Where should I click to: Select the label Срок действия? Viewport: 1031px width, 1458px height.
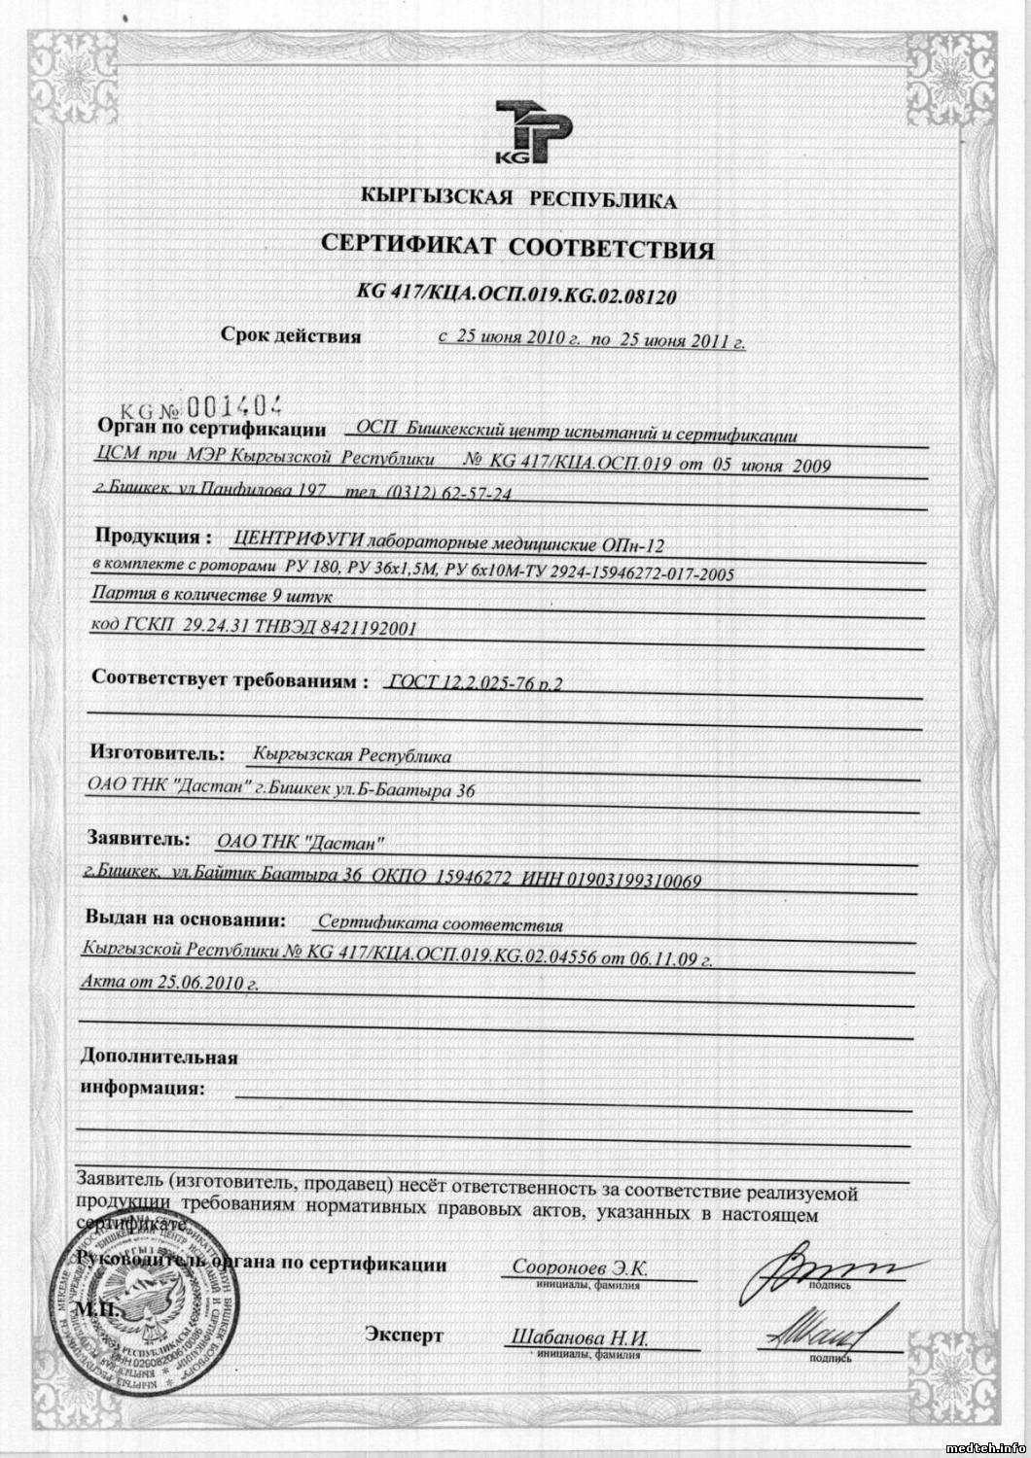291,337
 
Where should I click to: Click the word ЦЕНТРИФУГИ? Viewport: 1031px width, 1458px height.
303,538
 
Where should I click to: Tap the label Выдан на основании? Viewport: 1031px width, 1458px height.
185,917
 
